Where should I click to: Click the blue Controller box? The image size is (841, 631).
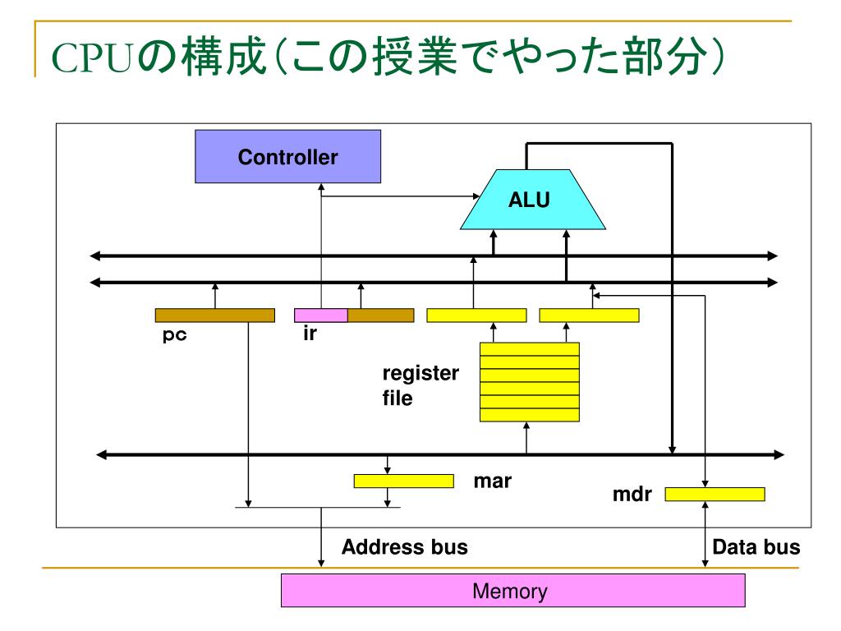[x=288, y=156]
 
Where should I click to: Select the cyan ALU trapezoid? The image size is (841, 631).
[x=532, y=200]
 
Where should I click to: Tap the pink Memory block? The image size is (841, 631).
[x=512, y=590]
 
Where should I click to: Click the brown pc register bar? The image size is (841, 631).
[x=215, y=315]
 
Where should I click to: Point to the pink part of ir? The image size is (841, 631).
[x=321, y=315]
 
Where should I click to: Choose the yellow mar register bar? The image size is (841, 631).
[x=404, y=481]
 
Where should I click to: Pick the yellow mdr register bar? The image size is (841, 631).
[x=715, y=494]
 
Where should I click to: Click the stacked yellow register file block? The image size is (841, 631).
[x=530, y=382]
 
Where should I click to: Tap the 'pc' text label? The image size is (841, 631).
[x=174, y=335]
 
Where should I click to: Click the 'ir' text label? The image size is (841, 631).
[x=310, y=334]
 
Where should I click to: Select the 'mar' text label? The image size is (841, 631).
[x=493, y=481]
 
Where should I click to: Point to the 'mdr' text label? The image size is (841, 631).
[x=632, y=494]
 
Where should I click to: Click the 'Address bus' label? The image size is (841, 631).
[x=405, y=546]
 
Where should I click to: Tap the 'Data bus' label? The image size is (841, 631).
[x=756, y=546]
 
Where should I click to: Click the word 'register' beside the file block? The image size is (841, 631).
[x=421, y=374]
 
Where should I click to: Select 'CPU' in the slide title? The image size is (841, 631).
[x=92, y=58]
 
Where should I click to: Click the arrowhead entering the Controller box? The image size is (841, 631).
[x=321, y=187]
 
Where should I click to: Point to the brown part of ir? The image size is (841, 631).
[x=381, y=315]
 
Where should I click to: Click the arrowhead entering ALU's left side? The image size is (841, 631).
[x=476, y=196]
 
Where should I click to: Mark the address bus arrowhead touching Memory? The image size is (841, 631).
[x=321, y=563]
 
